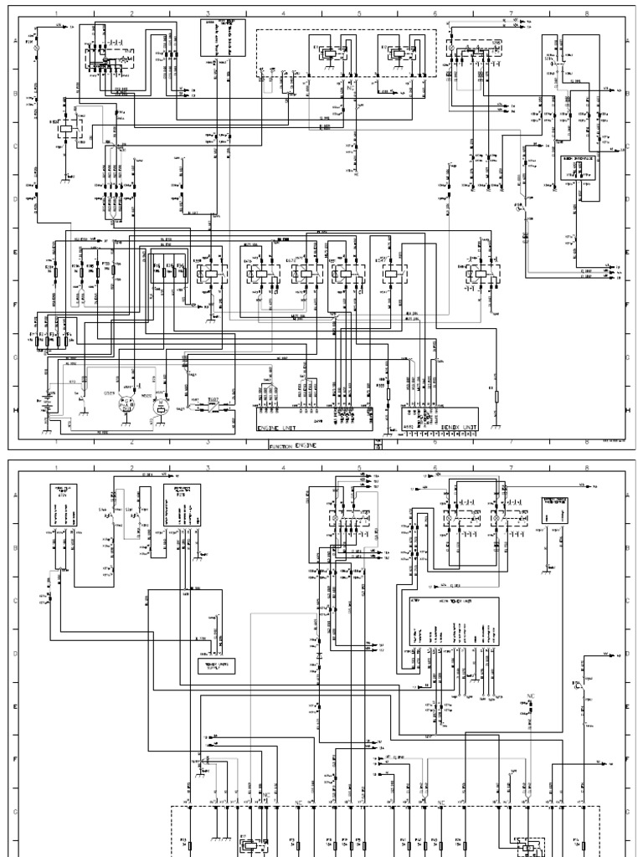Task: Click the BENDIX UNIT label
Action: pyautogui.click(x=459, y=426)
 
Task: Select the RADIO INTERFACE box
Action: pyautogui.click(x=579, y=168)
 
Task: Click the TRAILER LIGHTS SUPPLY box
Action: pyautogui.click(x=216, y=665)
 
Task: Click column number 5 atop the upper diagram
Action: pyautogui.click(x=359, y=14)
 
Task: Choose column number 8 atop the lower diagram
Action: pyautogui.click(x=586, y=470)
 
